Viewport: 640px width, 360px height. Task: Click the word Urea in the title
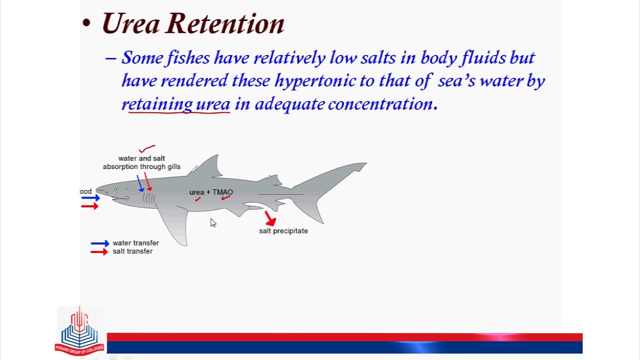pyautogui.click(x=130, y=23)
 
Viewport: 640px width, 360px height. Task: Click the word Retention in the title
pyautogui.click(x=225, y=23)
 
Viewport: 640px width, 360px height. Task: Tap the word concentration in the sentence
pyautogui.click(x=383, y=104)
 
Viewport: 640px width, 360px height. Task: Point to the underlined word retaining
pyautogui.click(x=157, y=104)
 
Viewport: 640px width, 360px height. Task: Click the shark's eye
pyautogui.click(x=116, y=189)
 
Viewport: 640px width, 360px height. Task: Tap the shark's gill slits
pyautogui.click(x=148, y=198)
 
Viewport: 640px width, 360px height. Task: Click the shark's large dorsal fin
pyautogui.click(x=206, y=166)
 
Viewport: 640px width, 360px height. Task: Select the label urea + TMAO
pyautogui.click(x=211, y=192)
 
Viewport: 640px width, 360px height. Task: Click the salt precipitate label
pyautogui.click(x=283, y=231)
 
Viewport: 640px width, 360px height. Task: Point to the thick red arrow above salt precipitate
pyautogui.click(x=270, y=218)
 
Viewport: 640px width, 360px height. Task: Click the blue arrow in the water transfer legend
pyautogui.click(x=100, y=243)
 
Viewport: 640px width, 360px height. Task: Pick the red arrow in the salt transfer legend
pyautogui.click(x=99, y=251)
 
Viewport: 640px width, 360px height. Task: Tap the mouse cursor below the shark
pyautogui.click(x=213, y=223)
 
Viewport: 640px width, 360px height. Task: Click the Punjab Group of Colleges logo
pyautogui.click(x=79, y=331)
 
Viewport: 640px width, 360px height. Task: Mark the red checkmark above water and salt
pyautogui.click(x=147, y=148)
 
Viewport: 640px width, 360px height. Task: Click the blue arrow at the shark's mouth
pyautogui.click(x=90, y=197)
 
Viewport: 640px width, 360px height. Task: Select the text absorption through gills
pyautogui.click(x=141, y=166)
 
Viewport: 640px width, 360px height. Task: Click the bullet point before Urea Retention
pyautogui.click(x=86, y=23)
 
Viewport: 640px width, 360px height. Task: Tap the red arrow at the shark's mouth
pyautogui.click(x=89, y=206)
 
